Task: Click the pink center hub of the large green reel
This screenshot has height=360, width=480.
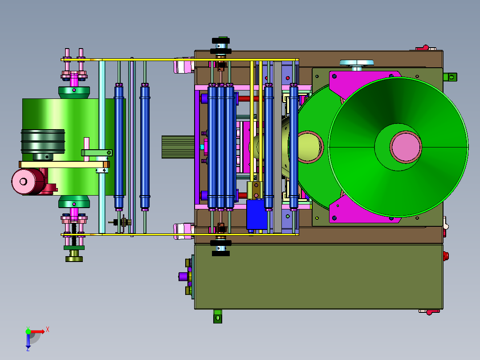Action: coord(406,147)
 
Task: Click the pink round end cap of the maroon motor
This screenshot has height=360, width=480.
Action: coord(23,181)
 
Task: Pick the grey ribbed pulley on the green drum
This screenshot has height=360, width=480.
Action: coord(43,141)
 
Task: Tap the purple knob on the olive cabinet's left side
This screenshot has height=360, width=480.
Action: coord(183,277)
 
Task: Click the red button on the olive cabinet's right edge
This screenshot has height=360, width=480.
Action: coord(446,256)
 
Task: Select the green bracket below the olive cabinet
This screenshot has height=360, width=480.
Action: coord(218,316)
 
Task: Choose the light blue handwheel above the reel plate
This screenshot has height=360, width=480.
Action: coord(357,63)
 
